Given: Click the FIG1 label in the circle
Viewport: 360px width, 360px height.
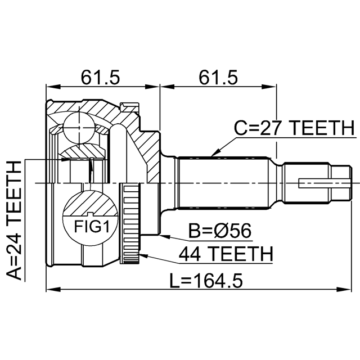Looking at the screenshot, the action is (x=92, y=226).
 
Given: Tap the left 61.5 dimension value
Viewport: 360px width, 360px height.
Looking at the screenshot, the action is (x=100, y=78).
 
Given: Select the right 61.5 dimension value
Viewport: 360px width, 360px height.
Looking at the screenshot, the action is (x=218, y=78).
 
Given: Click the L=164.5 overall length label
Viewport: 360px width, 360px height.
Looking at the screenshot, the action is (x=206, y=281).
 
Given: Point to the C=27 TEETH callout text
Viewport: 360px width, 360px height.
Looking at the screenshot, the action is (x=294, y=128).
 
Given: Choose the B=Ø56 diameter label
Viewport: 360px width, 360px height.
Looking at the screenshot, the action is (x=220, y=231).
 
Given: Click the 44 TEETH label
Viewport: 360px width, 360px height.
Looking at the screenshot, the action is (x=226, y=254).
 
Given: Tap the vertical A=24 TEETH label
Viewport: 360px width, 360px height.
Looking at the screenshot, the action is (x=13, y=220).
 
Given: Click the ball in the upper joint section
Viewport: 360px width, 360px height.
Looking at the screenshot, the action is (x=79, y=128).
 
